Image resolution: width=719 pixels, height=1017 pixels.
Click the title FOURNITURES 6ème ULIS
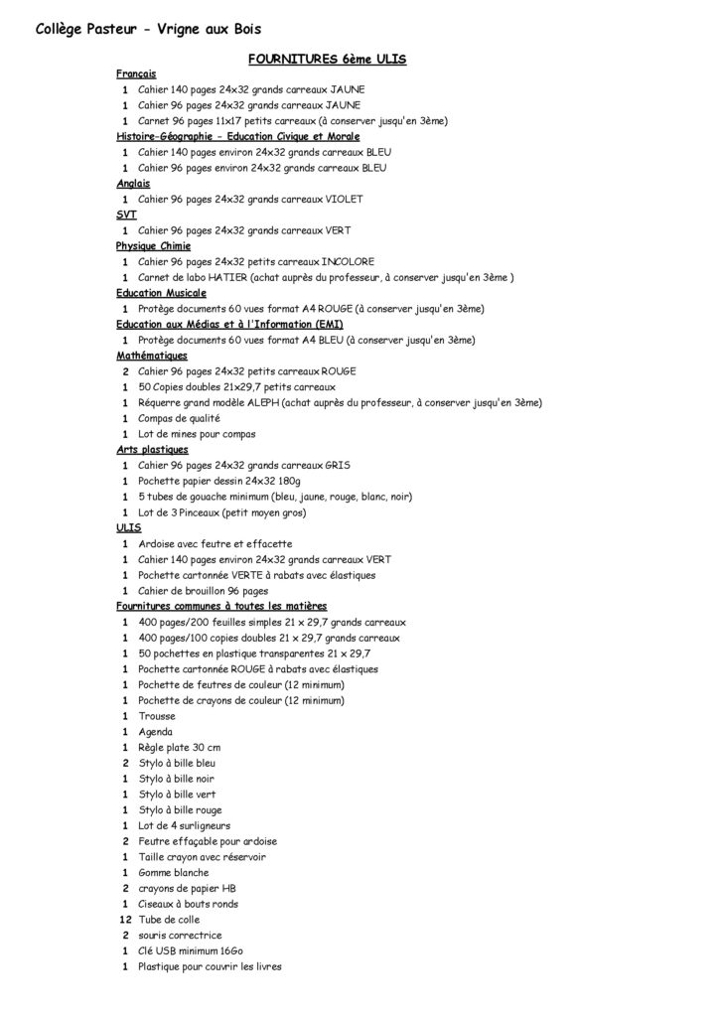tap(328, 60)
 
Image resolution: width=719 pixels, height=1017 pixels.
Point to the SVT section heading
tap(125, 215)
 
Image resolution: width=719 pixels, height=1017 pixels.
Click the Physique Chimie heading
tap(153, 245)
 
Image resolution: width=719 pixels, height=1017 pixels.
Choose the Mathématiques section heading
tap(151, 355)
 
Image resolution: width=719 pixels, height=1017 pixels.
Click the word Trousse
tap(157, 716)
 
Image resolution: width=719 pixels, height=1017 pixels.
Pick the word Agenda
tap(155, 732)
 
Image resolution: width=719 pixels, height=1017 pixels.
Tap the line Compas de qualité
tap(172, 418)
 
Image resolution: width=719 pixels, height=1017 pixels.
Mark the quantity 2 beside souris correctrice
tap(125, 936)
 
